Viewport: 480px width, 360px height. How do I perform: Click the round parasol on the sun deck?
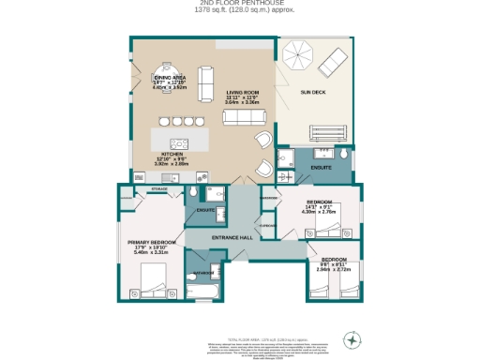pos(298,57)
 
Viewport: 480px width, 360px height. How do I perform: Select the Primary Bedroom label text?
pos(145,241)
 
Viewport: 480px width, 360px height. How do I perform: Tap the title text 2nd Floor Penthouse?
pos(239,4)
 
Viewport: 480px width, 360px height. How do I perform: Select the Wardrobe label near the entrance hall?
pos(268,198)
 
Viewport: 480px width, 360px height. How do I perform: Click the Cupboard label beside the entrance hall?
pos(267,226)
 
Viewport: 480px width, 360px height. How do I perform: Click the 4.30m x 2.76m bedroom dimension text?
pos(318,212)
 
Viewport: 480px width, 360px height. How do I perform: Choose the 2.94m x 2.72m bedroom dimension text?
pos(334,268)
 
